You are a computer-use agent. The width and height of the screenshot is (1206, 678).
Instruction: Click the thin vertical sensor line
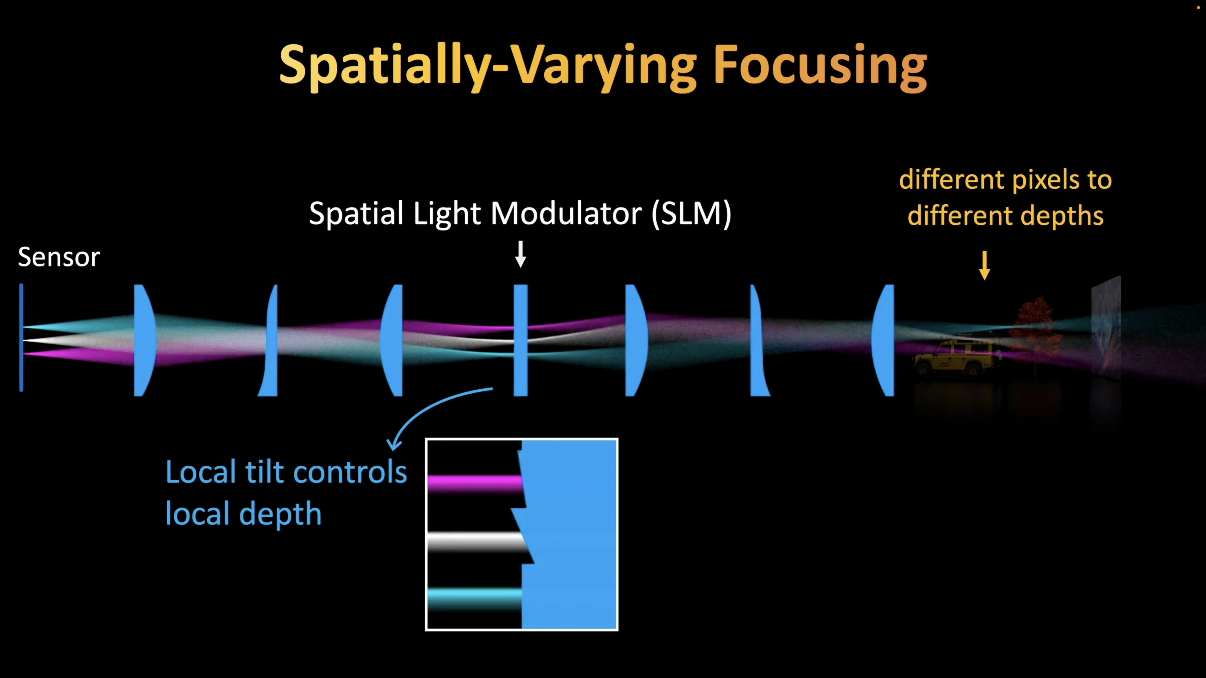tap(21, 337)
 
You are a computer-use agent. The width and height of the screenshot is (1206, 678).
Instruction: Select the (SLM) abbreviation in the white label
tap(692, 214)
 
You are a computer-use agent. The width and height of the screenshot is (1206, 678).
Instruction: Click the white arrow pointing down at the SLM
tap(521, 254)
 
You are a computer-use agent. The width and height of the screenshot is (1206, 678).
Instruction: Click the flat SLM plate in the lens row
tap(521, 340)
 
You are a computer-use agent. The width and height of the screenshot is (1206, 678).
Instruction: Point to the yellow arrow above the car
tap(985, 265)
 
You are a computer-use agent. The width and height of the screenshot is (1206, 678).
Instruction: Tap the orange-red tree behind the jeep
tap(1035, 330)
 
